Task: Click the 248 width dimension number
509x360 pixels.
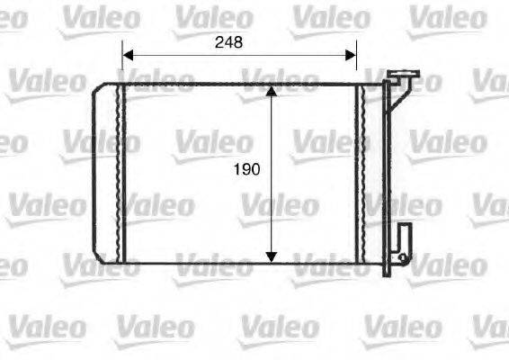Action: coord(228,41)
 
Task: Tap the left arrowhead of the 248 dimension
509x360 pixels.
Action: coord(127,54)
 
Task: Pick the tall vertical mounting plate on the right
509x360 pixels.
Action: coord(388,171)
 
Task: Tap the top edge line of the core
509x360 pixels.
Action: coord(234,84)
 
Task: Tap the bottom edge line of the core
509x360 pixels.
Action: coord(234,265)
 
